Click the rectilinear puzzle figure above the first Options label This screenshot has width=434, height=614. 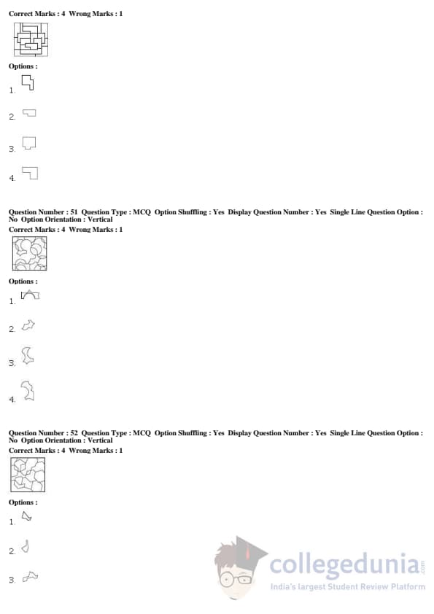(31, 39)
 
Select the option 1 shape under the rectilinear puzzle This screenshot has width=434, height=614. (28, 83)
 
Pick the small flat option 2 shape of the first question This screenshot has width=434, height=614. (29, 113)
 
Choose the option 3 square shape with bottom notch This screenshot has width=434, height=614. (29, 143)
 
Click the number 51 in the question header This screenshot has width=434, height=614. (74, 212)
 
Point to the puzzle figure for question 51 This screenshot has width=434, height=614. (29, 253)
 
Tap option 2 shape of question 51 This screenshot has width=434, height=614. (28, 325)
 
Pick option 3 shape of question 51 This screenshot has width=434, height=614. (28, 356)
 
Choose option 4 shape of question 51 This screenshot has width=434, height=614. (28, 391)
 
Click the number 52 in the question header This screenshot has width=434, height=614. (74, 432)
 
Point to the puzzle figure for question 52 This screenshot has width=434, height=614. (28, 475)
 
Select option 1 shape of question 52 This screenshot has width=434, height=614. (26, 516)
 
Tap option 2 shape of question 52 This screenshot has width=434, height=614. (26, 546)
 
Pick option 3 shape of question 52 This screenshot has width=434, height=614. (30, 576)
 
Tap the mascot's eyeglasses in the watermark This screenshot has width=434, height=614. (236, 579)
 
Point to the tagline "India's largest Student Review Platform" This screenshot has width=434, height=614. (348, 586)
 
